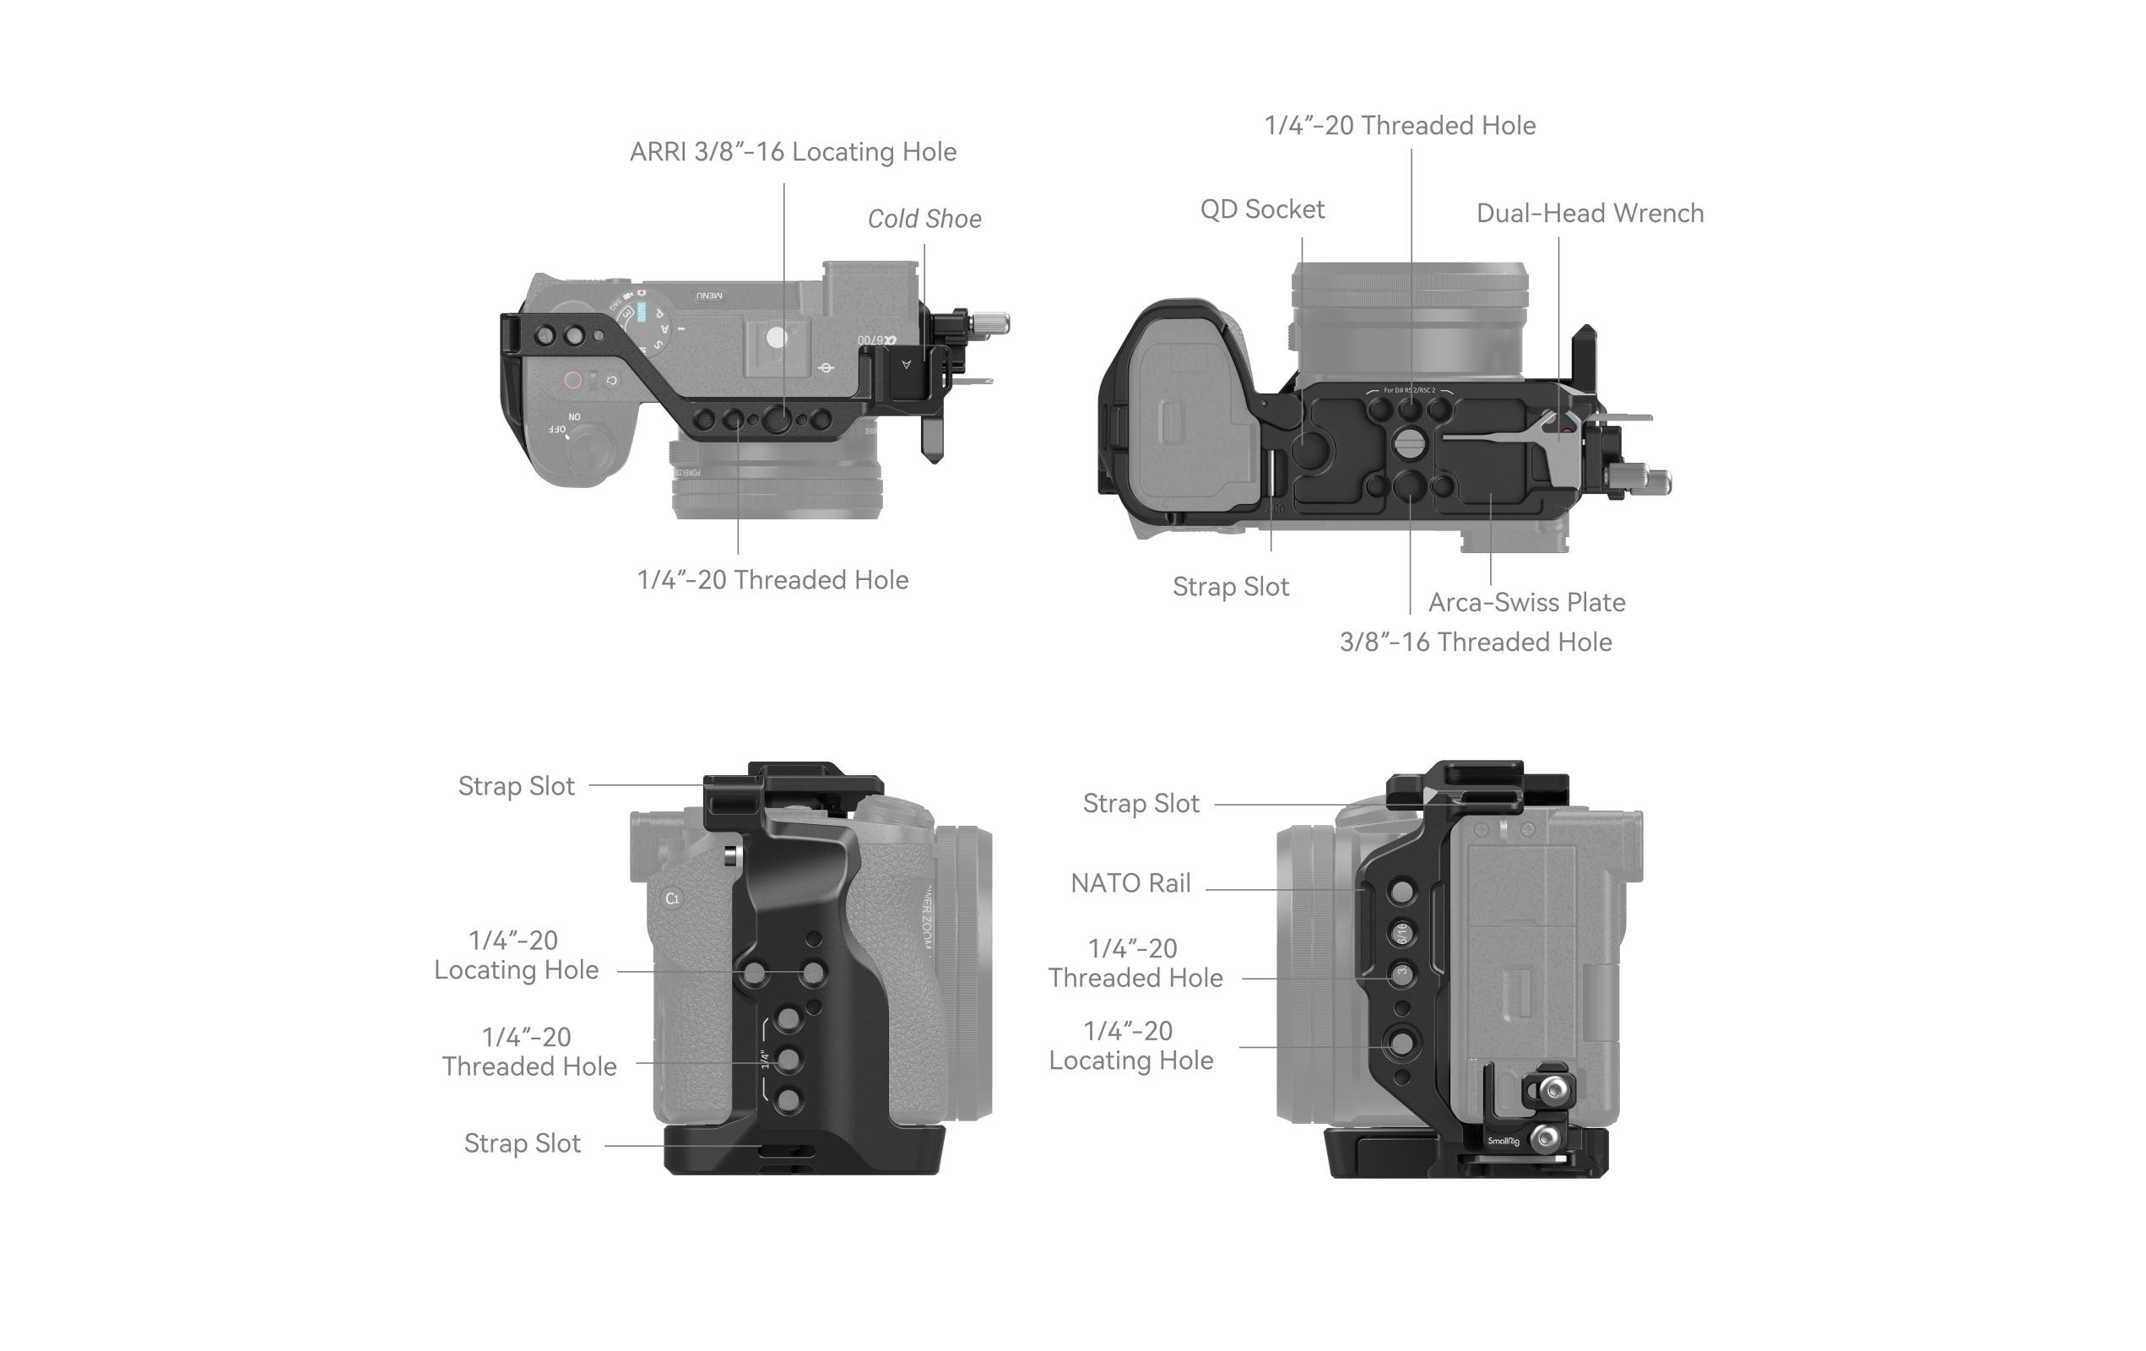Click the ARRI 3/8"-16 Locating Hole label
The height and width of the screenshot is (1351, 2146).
[x=792, y=152]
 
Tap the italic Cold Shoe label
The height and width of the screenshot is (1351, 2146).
[x=924, y=220]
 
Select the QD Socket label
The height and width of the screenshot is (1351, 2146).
[x=1261, y=209]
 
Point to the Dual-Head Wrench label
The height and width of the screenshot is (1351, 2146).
[x=1589, y=214]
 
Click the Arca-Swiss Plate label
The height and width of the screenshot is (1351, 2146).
[x=1526, y=602]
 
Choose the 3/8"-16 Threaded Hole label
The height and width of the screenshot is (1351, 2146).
[x=1475, y=643]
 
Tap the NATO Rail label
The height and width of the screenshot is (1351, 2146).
[x=1130, y=883]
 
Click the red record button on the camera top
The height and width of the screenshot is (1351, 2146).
[x=573, y=381]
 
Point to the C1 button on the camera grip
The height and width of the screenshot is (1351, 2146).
[x=672, y=898]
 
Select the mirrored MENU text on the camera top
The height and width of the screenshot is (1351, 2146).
[x=709, y=295]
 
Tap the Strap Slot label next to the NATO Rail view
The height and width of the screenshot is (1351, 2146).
[x=1140, y=804]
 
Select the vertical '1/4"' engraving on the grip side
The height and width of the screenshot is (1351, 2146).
[x=765, y=1059]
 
